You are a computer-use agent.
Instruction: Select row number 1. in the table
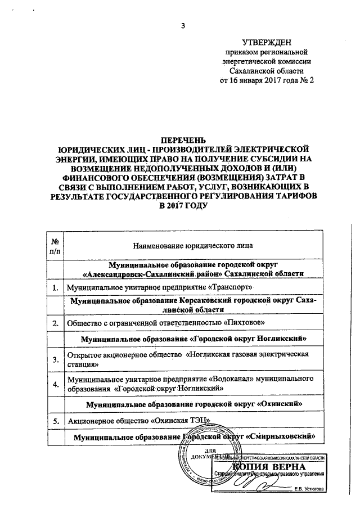click(x=56, y=287)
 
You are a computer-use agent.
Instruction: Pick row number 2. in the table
click(x=56, y=323)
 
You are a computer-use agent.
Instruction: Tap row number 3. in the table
click(x=56, y=360)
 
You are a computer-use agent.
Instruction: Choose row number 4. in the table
click(x=56, y=384)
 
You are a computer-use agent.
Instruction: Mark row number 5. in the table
click(x=56, y=420)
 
